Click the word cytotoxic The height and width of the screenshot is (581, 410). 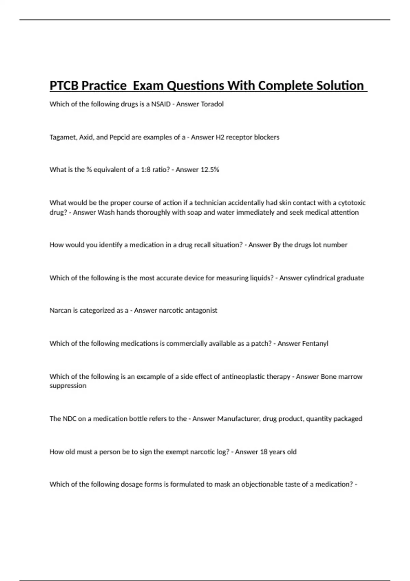(352, 203)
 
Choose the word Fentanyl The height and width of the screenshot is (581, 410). (315, 343)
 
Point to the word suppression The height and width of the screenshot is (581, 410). (68, 386)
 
